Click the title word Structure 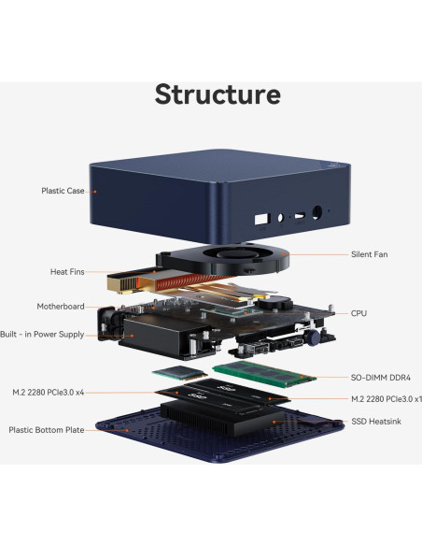click(217, 93)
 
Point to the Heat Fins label click(67, 272)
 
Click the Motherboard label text click(61, 306)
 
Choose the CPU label click(359, 313)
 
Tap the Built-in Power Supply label click(43, 334)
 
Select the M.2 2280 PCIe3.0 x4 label click(62, 392)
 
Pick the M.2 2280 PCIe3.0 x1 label click(387, 398)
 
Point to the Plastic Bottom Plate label click(47, 430)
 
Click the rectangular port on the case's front click(259, 222)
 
